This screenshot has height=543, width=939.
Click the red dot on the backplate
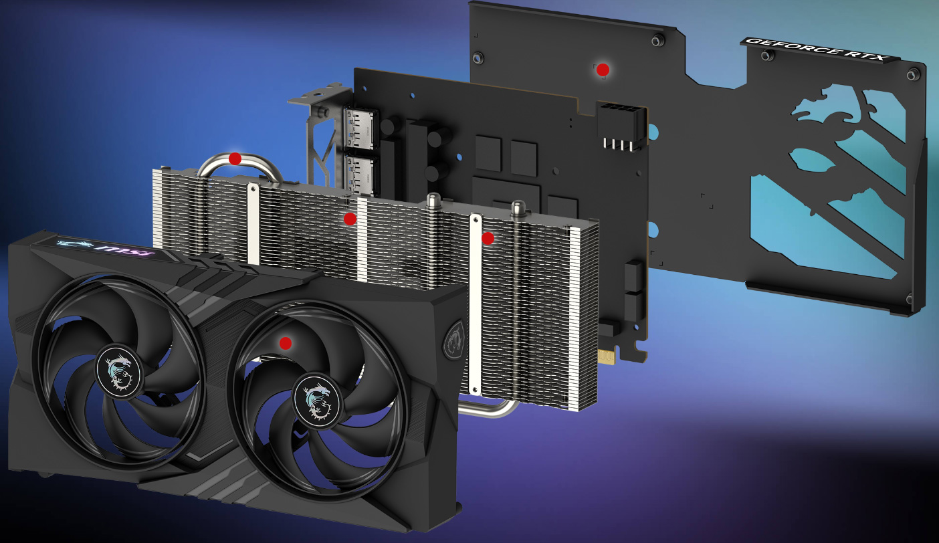pyautogui.click(x=603, y=70)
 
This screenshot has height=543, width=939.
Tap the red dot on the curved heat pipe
pyautogui.click(x=235, y=158)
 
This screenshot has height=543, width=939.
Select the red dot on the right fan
pyautogui.click(x=286, y=343)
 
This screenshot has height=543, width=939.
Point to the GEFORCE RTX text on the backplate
pyautogui.click(x=817, y=49)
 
